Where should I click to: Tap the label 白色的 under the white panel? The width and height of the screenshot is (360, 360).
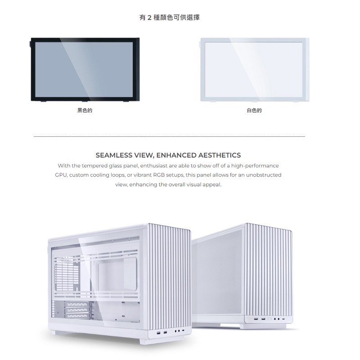pyautogui.click(x=254, y=110)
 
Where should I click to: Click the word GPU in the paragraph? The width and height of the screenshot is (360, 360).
pyautogui.click(x=61, y=175)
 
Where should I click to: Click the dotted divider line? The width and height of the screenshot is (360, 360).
pyautogui.click(x=169, y=136)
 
